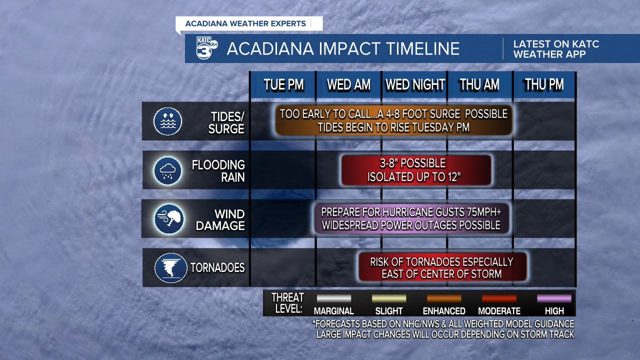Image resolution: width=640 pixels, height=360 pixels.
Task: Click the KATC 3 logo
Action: (207, 48)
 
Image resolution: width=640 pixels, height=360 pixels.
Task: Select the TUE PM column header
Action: (283, 84)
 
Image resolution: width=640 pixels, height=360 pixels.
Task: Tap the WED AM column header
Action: (348, 84)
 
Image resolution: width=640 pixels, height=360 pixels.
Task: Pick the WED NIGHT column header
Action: (414, 84)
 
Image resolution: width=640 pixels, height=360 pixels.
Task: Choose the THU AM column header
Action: (479, 84)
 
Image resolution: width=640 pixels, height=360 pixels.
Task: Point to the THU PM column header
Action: (544, 84)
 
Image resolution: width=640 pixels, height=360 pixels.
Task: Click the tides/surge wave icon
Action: (167, 121)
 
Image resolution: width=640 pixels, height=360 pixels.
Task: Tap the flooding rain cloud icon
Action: (167, 170)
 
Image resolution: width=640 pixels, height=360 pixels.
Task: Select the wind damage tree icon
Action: (169, 219)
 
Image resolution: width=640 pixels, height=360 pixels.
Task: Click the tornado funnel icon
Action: (170, 268)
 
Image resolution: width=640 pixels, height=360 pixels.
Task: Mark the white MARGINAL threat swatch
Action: (334, 298)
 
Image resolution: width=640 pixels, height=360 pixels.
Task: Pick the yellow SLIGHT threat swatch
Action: (389, 298)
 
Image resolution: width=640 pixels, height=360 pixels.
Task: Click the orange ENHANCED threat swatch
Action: (444, 298)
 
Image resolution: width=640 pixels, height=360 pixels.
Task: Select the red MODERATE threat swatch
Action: (499, 298)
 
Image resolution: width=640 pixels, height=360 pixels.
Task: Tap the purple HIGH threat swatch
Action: (554, 298)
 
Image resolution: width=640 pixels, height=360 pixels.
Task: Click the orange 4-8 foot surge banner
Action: (393, 120)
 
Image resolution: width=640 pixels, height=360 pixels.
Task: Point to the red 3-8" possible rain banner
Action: (416, 170)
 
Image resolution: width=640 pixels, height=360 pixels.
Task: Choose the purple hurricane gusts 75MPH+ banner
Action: (411, 218)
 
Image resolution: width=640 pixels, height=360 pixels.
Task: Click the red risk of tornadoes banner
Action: (442, 267)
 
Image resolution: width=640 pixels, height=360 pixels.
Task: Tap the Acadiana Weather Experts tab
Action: (249, 23)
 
